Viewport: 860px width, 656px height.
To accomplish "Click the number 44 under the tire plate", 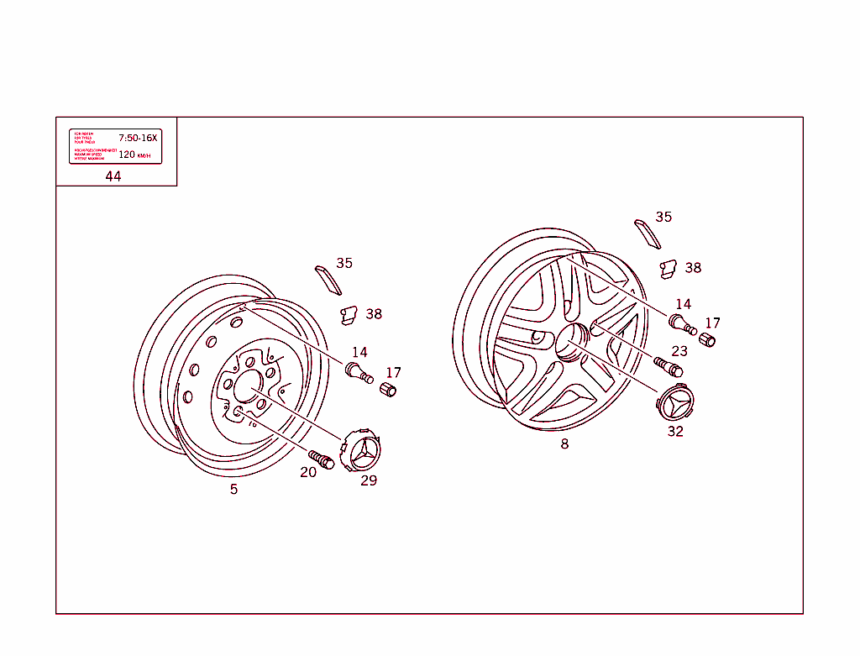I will coord(113,176).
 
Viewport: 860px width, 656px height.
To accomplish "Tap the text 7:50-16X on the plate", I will coord(138,137).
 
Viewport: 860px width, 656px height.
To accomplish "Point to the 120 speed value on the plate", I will coord(126,155).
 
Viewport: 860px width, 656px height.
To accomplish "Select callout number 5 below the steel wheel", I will coord(233,489).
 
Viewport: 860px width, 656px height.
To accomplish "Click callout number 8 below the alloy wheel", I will coord(564,443).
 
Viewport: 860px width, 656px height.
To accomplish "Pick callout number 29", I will coord(369,480).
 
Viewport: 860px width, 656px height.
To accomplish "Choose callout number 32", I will coord(675,432).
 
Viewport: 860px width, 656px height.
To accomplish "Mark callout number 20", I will coord(308,472).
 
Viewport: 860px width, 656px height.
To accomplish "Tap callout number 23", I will coord(679,351).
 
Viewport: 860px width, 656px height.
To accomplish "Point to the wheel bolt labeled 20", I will coord(322,459).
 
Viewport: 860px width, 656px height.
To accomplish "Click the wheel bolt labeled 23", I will coord(669,367).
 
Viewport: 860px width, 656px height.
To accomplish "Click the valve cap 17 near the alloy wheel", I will coord(707,339).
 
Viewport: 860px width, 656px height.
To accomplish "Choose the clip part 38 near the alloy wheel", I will coord(669,269).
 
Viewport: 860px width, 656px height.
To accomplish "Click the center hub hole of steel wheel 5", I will coord(249,387).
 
